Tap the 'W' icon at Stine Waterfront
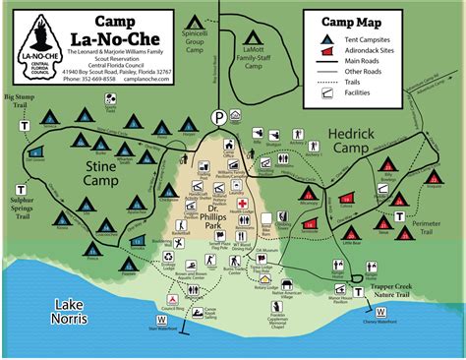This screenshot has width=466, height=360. [x=161, y=320]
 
